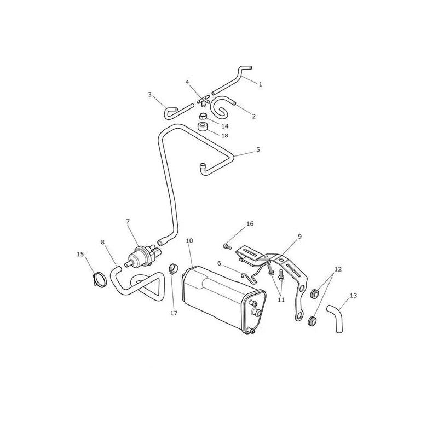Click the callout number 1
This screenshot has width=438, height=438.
pos(261,84)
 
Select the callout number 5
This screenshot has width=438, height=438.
pos(258,149)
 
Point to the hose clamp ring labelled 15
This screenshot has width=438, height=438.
pos(100,279)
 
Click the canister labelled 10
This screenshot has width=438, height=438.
pos(223,299)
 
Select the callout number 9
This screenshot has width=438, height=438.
pos(299,237)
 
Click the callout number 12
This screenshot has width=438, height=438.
pos(338,269)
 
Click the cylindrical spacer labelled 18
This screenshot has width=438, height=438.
pos(204,127)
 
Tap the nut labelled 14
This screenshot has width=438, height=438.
pos(204,116)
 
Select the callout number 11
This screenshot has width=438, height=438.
pos(281,299)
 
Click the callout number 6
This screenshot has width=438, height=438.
pos(219,263)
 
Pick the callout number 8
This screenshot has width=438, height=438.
pos(103,242)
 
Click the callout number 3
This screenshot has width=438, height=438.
pos(149,94)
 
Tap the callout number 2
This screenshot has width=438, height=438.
pos(253,116)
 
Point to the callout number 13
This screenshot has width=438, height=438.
pos(353,295)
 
